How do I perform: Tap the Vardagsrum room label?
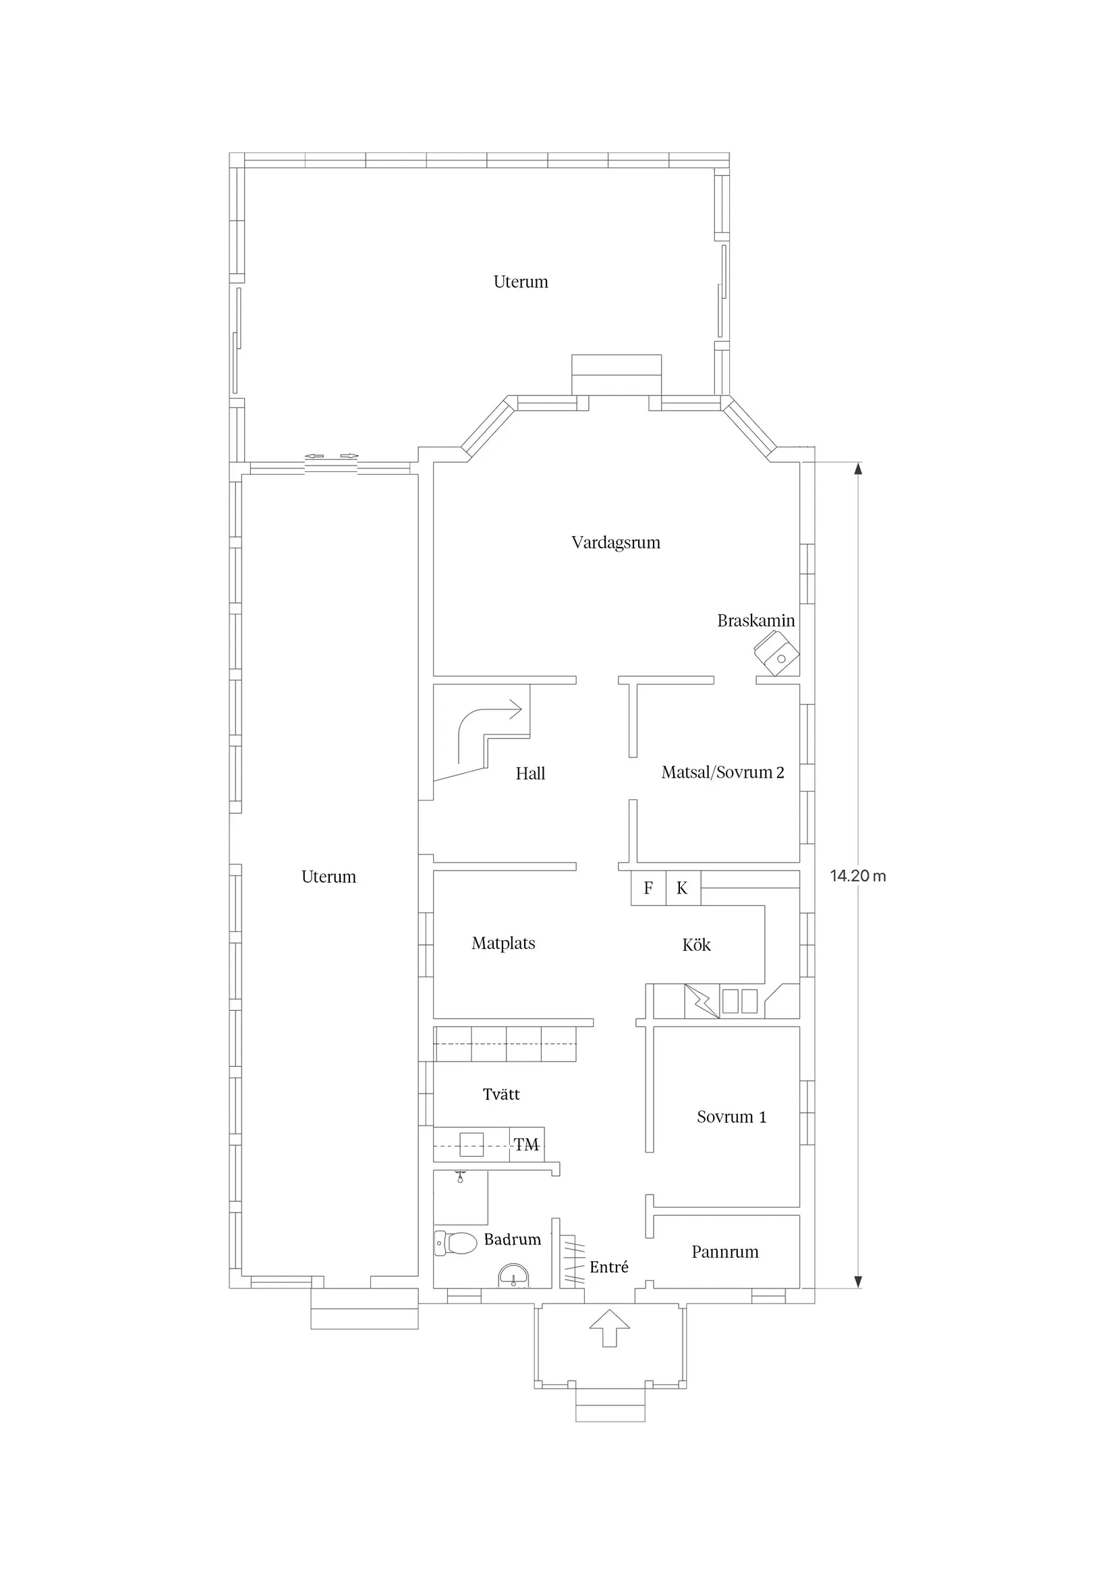point(615,542)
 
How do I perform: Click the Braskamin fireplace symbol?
point(776,654)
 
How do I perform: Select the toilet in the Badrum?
point(455,1243)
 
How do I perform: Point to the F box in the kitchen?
point(648,888)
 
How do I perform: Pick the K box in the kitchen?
point(683,888)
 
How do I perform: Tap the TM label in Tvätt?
point(526,1145)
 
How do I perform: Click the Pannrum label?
point(725,1252)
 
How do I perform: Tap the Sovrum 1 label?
point(731,1117)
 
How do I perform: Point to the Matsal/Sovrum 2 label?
point(722,773)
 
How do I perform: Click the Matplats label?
point(503,943)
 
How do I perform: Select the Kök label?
point(696,945)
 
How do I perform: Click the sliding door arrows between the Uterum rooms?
point(332,456)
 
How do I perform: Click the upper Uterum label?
point(521,282)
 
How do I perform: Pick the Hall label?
point(530,774)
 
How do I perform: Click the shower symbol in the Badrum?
point(460,1177)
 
